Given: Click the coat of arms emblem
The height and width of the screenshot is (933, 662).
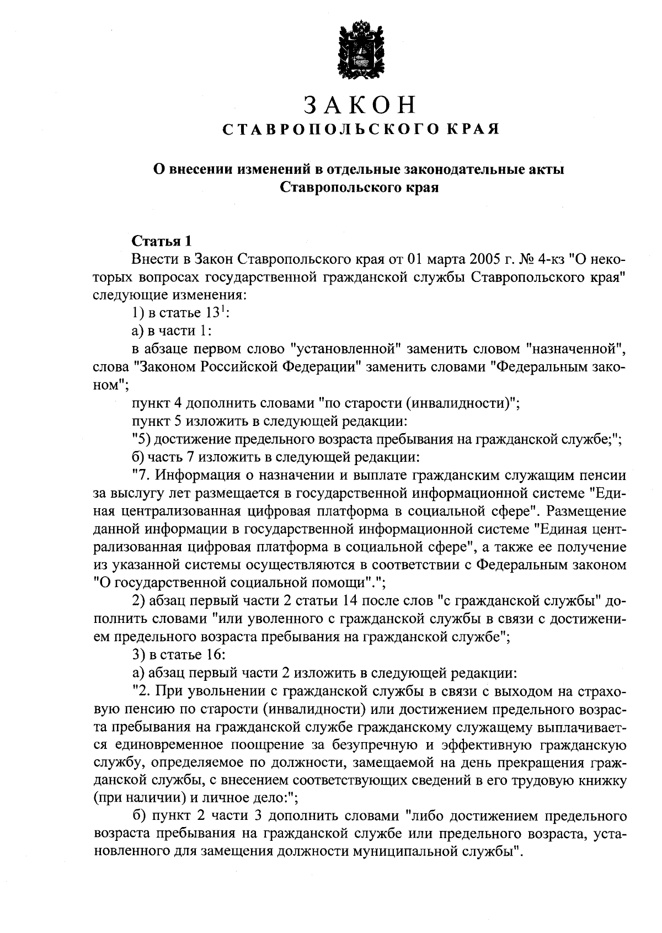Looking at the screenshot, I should (x=360, y=51).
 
